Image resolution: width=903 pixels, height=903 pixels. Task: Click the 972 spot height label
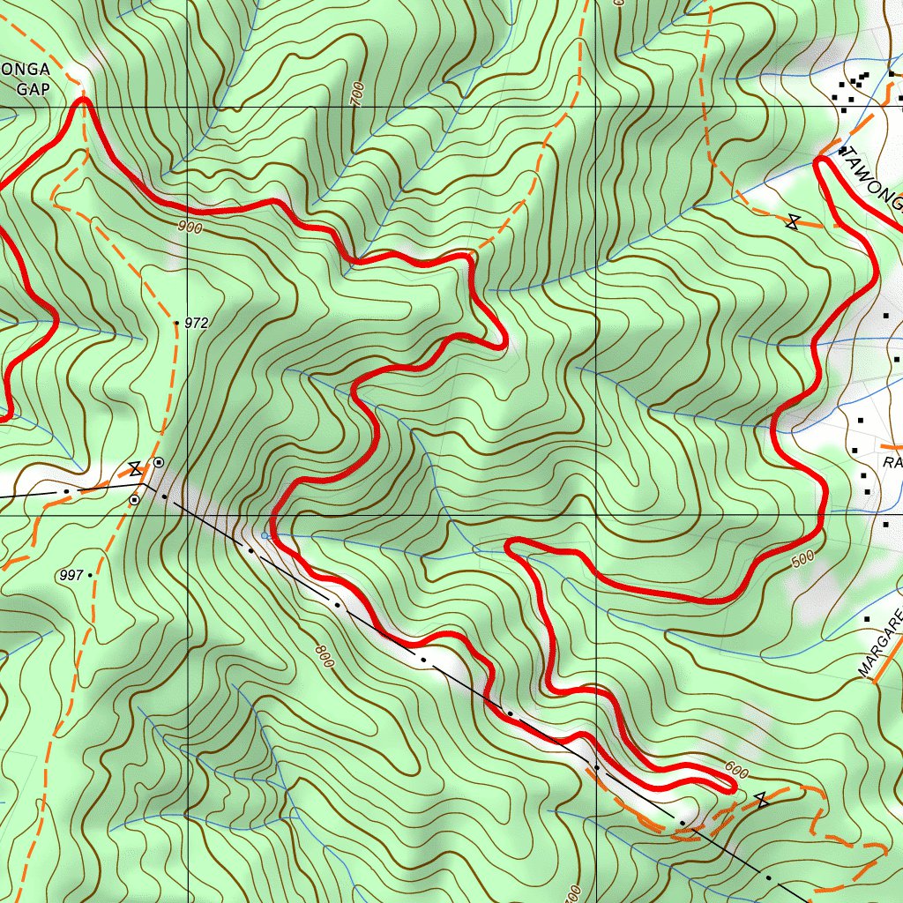pyautogui.click(x=197, y=324)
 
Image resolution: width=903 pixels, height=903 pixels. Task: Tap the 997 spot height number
pyautogui.click(x=71, y=576)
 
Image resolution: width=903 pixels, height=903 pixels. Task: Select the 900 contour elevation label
pyautogui.click(x=190, y=228)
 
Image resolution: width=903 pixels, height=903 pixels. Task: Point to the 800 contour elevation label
pyautogui.click(x=324, y=655)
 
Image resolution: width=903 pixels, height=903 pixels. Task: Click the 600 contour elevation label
pyautogui.click(x=736, y=772)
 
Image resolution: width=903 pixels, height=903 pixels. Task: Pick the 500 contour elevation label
pyautogui.click(x=802, y=559)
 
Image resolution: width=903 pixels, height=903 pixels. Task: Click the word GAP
pyautogui.click(x=34, y=88)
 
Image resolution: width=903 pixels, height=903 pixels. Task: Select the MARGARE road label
pyautogui.click(x=882, y=644)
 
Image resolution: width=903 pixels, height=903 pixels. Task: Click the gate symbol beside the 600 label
pyautogui.click(x=762, y=800)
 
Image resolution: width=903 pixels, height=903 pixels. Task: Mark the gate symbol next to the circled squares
pyautogui.click(x=135, y=469)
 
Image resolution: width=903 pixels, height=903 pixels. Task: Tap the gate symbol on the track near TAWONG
pyautogui.click(x=795, y=223)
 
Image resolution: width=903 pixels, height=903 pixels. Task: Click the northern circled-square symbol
pyautogui.click(x=159, y=462)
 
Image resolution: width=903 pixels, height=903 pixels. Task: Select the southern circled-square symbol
pyautogui.click(x=134, y=500)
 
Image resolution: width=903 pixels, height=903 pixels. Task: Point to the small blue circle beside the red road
pyautogui.click(x=265, y=534)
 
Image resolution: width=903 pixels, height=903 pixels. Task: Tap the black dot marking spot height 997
pyautogui.click(x=90, y=575)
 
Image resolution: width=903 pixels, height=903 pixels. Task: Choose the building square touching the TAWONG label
pyautogui.click(x=843, y=151)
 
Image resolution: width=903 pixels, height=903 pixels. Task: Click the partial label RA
pyautogui.click(x=892, y=463)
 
